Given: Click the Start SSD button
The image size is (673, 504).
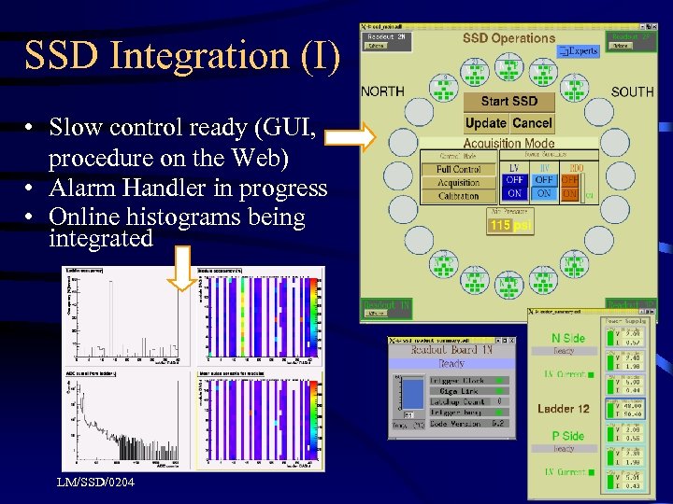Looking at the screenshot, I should coord(509,101).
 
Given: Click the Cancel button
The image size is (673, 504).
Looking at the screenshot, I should coord(532,123).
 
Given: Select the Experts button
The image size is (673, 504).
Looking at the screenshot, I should coord(580,52).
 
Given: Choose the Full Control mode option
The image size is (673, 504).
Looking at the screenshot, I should coord(458,170).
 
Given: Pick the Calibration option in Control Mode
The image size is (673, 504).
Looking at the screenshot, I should coord(458,196).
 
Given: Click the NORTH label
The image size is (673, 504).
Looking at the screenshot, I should coord(382,91).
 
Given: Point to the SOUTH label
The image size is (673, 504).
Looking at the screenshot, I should coord(632,91).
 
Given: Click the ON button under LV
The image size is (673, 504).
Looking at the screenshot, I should coord(514,193).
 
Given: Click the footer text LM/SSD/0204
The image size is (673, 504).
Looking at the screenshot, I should coord(94,482).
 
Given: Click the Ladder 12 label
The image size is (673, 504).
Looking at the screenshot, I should coord(563,409).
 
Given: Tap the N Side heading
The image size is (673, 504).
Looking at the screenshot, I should coord(567,338).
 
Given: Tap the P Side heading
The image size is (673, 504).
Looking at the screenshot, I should coord(566,436).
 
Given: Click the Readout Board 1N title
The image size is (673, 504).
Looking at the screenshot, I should coord(452,351).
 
